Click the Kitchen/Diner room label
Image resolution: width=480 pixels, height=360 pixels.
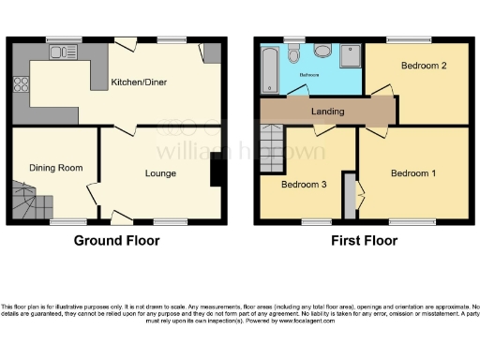pyautogui.click(x=140, y=82)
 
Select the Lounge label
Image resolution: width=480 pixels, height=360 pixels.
pyautogui.click(x=160, y=173)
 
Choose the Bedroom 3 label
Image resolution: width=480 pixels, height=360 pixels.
pyautogui.click(x=304, y=185)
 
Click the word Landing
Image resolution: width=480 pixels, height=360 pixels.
pyautogui.click(x=327, y=112)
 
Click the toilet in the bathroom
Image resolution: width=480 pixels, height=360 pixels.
pyautogui.click(x=295, y=52)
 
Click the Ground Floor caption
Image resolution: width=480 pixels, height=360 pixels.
pyautogui.click(x=116, y=241)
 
